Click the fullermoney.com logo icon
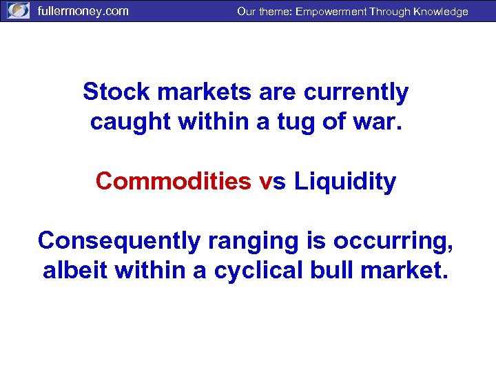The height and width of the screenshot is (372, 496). coord(19,11)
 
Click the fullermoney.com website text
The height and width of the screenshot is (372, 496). coord(83,11)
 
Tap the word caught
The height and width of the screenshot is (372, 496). coord(130,121)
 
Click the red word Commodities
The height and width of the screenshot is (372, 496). coord(174,181)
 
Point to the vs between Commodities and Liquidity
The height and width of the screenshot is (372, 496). coord(273,181)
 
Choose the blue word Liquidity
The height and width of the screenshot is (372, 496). coord(345,181)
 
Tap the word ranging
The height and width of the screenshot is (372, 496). coord(234,241)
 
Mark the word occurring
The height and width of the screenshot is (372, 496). coord(387,241)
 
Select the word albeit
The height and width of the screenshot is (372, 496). coord(76,271)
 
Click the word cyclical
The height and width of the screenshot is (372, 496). coord(254,271)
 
